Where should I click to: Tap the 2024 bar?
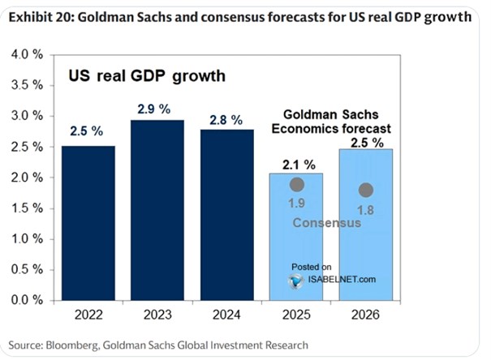click(226, 214)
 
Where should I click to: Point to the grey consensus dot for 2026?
click(365, 191)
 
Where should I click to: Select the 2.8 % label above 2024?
click(227, 120)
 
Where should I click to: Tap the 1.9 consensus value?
click(298, 204)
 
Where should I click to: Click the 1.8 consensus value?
click(365, 210)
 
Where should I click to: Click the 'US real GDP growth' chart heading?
click(145, 77)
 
